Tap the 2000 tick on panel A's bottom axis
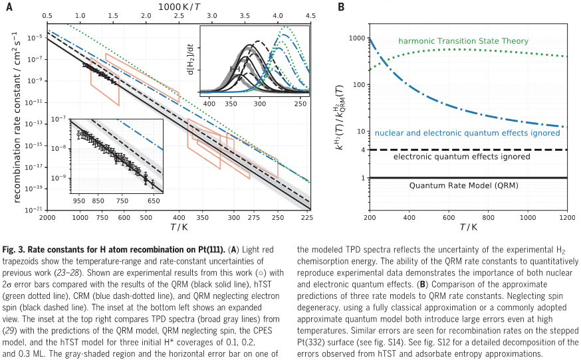click(47, 217)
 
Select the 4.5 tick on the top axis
click(310, 14)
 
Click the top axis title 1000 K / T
click(178, 5)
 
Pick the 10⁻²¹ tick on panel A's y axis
click(33, 209)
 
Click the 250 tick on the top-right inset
click(300, 105)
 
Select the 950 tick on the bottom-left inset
click(78, 200)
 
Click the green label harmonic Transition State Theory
click(463, 41)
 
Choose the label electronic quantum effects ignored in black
click(461, 157)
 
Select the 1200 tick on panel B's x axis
click(567, 217)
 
